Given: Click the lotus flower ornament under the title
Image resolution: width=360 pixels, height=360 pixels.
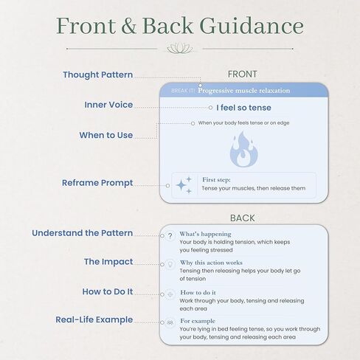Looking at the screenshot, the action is coord(180,48).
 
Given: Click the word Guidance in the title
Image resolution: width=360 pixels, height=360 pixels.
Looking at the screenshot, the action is coord(252,26).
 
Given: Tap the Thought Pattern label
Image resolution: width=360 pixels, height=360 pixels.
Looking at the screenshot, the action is coord(97,75).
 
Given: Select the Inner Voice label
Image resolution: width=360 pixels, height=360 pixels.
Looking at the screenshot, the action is coord(108,105).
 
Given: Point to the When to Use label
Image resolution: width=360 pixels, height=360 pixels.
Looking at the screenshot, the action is coord(106,135).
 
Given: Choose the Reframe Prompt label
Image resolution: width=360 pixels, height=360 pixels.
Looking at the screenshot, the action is coord(97,183).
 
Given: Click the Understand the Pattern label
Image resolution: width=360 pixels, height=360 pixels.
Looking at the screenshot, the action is coord(83,233).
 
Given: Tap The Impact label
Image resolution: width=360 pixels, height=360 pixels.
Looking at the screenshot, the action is coord(108,262).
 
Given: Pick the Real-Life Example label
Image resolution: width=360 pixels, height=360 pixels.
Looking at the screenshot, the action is coord(94,319).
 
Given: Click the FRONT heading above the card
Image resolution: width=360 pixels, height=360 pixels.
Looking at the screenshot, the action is coord(243,74).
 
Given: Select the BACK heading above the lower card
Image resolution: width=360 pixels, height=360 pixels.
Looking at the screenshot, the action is coord(243,218).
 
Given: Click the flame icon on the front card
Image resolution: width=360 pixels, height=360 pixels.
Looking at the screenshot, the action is coord(243,149).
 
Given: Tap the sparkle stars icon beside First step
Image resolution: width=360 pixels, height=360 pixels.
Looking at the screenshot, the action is coord(184,185).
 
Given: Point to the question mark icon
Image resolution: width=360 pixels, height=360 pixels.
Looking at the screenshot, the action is coord(170,236).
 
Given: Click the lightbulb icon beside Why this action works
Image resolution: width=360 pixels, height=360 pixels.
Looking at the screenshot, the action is coord(170,265).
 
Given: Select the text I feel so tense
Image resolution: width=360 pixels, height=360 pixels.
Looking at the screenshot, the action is coord(243,108).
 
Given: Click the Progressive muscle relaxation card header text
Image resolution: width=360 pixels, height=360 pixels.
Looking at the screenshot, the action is coord(244,91).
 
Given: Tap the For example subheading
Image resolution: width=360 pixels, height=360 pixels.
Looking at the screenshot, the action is coord(198,321).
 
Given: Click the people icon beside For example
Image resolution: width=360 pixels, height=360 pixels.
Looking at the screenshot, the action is coord(170,322).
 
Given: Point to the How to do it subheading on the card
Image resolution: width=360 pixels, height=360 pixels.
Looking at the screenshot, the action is coord(198,292).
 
